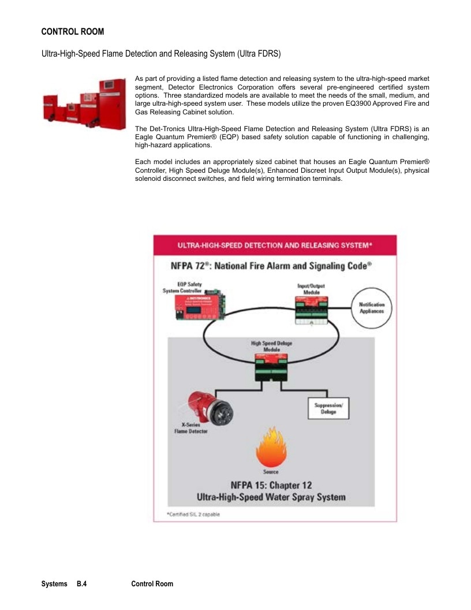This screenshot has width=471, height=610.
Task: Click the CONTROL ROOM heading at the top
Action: (73, 32)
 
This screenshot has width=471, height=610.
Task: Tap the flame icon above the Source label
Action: (271, 447)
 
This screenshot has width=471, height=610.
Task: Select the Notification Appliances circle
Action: (372, 308)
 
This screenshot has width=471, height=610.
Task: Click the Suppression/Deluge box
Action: (328, 408)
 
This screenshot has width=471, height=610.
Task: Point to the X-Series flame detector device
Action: (210, 408)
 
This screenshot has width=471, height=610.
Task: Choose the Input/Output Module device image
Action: (311, 310)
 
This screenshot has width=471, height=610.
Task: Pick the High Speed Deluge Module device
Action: (272, 367)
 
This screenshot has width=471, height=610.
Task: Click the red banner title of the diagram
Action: (275, 246)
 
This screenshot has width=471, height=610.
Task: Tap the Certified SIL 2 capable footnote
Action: (193, 514)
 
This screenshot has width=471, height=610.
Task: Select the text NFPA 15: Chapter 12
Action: (271, 485)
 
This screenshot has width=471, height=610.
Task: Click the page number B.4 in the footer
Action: (81, 583)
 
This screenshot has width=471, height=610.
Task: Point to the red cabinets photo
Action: (85, 104)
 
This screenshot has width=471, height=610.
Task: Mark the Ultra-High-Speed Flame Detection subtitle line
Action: (161, 54)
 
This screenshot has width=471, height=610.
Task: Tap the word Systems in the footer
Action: (54, 583)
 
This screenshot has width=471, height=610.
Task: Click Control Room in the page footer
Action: (152, 583)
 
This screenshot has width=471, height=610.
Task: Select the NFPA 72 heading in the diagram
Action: (271, 266)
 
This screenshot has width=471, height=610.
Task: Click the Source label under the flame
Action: (271, 472)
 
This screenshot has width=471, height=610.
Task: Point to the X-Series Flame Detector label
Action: (191, 428)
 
